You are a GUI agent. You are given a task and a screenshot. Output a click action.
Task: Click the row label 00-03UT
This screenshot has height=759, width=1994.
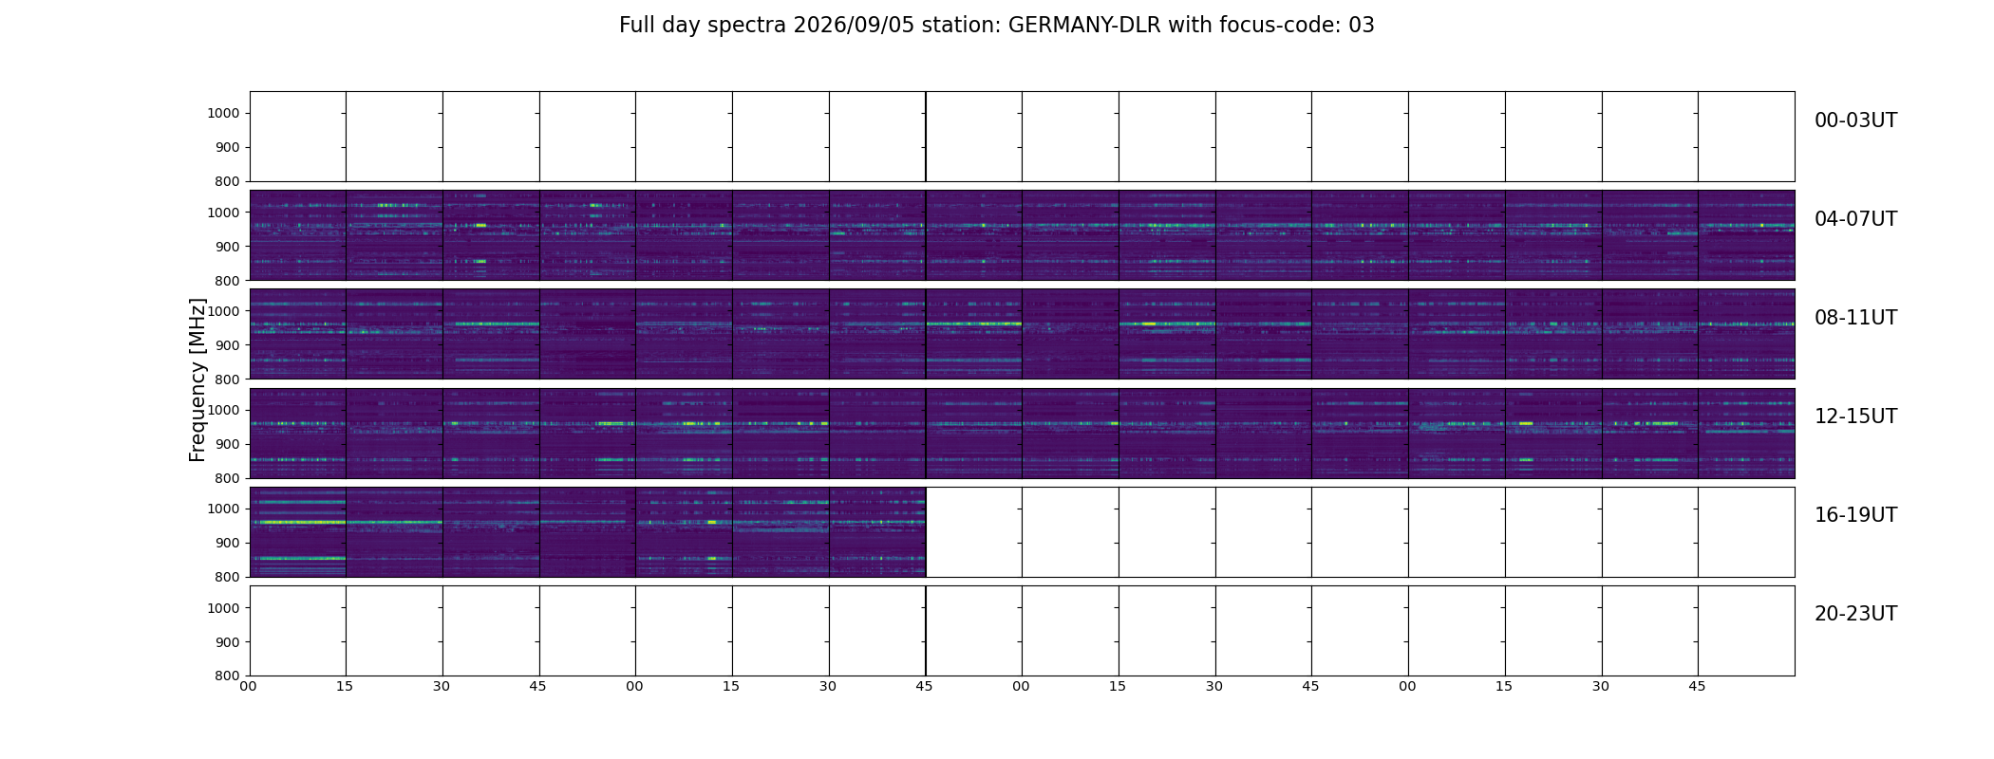coord(1855,120)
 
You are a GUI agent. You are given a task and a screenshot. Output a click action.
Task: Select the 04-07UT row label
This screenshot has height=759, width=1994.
coord(1855,219)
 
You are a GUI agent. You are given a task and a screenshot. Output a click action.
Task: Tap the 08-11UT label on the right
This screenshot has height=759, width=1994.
coord(1855,318)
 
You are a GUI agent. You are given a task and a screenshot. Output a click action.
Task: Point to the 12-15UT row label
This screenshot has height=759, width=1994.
coord(1855,417)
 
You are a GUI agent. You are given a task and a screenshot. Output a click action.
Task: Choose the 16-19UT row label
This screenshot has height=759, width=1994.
coord(1855,515)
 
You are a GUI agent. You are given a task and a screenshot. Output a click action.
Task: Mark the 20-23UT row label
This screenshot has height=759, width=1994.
coord(1855,614)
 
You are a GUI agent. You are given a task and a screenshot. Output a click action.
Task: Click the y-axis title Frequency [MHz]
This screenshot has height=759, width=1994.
coord(198,379)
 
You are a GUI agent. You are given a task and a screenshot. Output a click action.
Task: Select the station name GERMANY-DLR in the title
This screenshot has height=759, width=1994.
coord(1084,26)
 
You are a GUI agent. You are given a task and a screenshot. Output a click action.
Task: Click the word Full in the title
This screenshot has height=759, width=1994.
coord(637,26)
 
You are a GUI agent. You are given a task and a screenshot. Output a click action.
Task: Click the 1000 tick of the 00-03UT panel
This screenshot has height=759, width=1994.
coord(225,114)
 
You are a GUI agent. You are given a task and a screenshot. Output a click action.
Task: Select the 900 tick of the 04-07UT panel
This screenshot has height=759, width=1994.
coord(229,247)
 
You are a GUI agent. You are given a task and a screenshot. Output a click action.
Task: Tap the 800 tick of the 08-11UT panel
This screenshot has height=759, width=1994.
coord(229,379)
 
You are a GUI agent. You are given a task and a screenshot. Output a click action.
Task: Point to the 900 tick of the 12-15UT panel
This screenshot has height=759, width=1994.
coord(229,444)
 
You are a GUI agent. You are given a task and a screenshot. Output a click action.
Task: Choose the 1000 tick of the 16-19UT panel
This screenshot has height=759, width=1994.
coord(225,509)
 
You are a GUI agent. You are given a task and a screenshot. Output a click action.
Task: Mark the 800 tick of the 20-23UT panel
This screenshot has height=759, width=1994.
coord(229,676)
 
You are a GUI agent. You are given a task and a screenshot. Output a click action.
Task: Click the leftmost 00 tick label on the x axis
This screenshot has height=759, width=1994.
coord(249,687)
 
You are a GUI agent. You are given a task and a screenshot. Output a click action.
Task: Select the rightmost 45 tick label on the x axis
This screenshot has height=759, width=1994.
coord(1698,687)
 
